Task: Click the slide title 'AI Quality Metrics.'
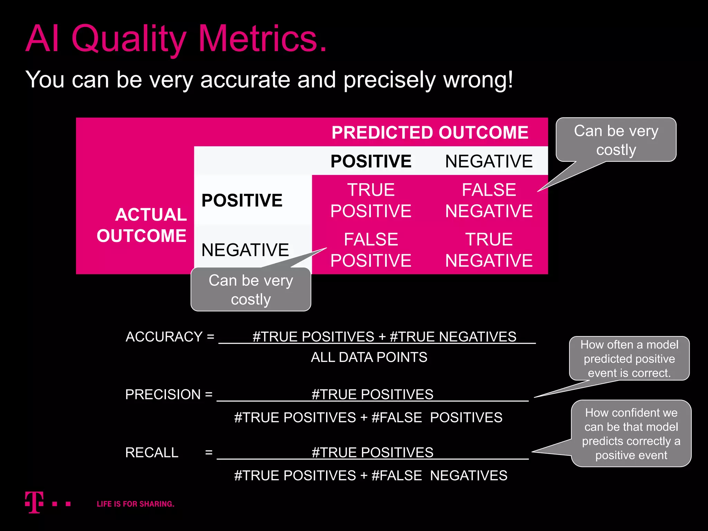pyautogui.click(x=176, y=39)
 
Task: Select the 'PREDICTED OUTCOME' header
pyautogui.click(x=430, y=132)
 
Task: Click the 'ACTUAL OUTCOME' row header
pyautogui.click(x=142, y=225)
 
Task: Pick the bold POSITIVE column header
pyautogui.click(x=371, y=161)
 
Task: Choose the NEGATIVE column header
pyautogui.click(x=489, y=161)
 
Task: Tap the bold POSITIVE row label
pyautogui.click(x=242, y=201)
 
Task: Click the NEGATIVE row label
pyautogui.click(x=245, y=250)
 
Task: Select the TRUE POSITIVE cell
pyautogui.click(x=371, y=200)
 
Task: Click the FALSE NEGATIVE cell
pyautogui.click(x=489, y=200)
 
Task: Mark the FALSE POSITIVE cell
pyautogui.click(x=371, y=250)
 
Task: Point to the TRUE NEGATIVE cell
pyautogui.click(x=489, y=250)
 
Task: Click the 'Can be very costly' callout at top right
pyautogui.click(x=616, y=140)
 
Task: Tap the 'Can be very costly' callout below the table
pyautogui.click(x=251, y=289)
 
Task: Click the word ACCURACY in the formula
pyautogui.click(x=164, y=337)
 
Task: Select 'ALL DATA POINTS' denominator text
pyautogui.click(x=369, y=357)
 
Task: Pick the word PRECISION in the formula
pyautogui.click(x=163, y=394)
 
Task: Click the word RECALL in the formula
pyautogui.click(x=152, y=453)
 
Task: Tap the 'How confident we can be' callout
pyautogui.click(x=631, y=434)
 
